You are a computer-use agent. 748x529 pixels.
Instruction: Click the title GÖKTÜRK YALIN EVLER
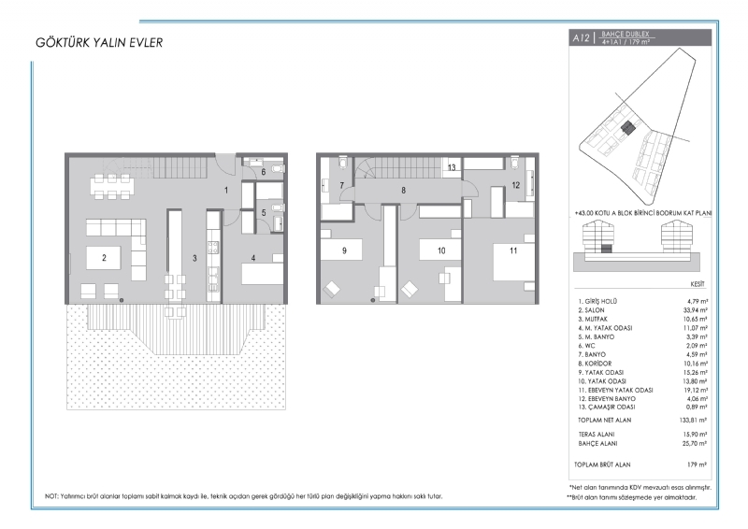tap(99, 42)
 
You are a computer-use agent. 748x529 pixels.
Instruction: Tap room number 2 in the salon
tap(104, 258)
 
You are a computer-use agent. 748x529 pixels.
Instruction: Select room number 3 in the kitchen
tap(194, 258)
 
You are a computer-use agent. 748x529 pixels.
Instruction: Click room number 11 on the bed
tap(513, 250)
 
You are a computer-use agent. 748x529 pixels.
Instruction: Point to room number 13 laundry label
tap(452, 167)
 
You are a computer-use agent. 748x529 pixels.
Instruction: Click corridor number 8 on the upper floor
tap(404, 191)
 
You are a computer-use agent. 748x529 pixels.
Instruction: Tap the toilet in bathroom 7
tap(342, 163)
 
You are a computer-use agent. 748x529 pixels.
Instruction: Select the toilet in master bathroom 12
tap(515, 163)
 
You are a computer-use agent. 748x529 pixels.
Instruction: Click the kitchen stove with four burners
tap(213, 248)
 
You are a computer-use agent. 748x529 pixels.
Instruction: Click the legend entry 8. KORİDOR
tap(595, 364)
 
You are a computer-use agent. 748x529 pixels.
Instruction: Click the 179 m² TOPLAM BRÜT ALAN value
tap(698, 465)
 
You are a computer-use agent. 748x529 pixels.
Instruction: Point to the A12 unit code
tap(581, 37)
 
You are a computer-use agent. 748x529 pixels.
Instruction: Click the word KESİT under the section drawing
tap(698, 284)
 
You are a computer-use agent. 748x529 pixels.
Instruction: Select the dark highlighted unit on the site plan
tap(627, 128)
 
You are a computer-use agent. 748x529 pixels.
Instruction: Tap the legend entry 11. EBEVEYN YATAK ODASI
tap(615, 390)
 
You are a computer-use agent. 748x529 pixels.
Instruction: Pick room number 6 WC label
tap(264, 172)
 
